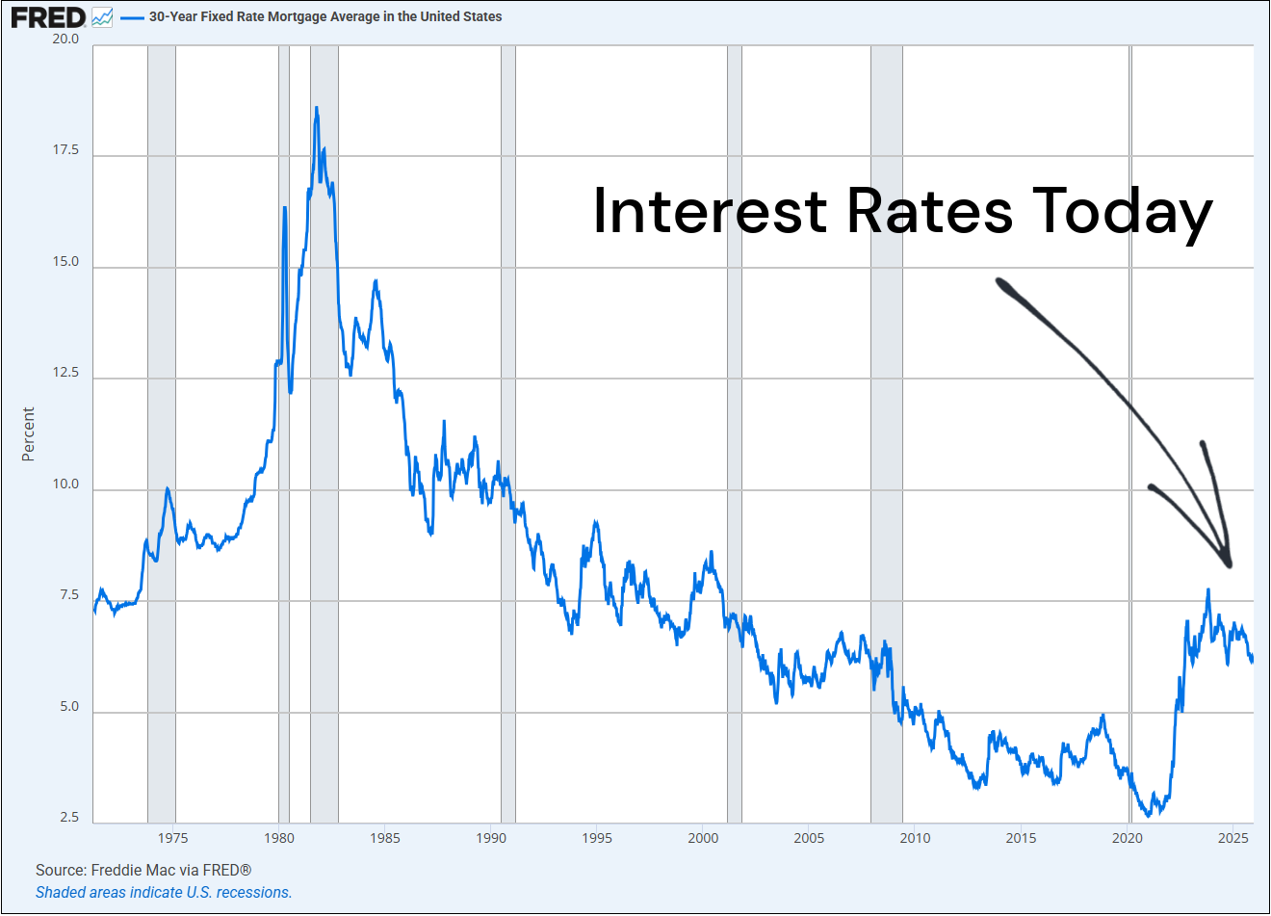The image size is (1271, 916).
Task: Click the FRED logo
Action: click(x=48, y=16)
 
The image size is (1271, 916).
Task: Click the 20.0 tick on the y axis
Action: click(x=65, y=39)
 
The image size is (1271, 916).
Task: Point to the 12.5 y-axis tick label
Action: click(x=65, y=373)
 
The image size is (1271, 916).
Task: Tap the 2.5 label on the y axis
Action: click(x=69, y=818)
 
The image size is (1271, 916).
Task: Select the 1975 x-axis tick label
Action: click(x=173, y=838)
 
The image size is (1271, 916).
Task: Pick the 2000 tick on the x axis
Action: click(x=703, y=838)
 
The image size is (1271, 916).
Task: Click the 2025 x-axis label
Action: click(x=1232, y=838)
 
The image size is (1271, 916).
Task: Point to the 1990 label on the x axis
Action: click(x=491, y=838)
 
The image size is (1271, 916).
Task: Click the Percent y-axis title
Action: click(x=28, y=433)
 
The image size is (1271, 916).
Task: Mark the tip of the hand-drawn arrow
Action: click(x=1229, y=564)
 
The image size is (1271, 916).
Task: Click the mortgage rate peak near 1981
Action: click(x=316, y=109)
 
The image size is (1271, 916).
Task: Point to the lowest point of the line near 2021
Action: click(x=1149, y=815)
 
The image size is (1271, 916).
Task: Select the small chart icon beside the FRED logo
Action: click(x=102, y=17)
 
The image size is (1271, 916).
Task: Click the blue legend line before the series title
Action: click(x=132, y=17)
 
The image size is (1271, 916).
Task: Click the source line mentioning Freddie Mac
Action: click(x=143, y=871)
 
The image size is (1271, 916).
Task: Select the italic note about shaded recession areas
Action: click(x=164, y=893)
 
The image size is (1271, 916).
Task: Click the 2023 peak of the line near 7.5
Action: click(x=1207, y=590)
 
